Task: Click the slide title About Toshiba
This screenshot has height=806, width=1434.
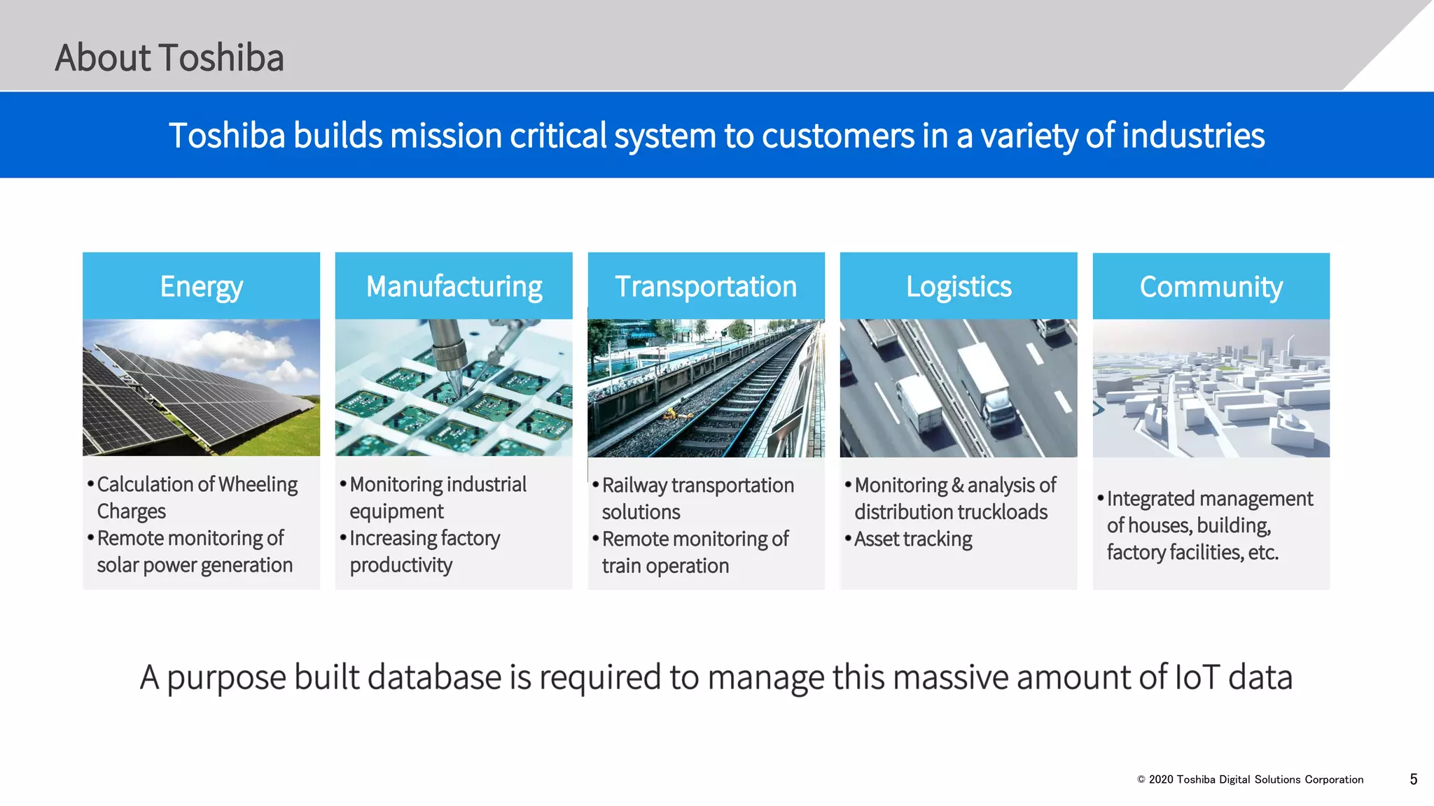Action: coord(169,57)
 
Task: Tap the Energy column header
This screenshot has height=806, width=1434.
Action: coord(201,286)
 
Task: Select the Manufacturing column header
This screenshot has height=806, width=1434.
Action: coord(454,286)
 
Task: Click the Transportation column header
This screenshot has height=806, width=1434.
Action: coord(706,286)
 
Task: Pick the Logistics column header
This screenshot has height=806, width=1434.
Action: coord(959,286)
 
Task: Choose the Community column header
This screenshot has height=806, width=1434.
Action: coord(1211,287)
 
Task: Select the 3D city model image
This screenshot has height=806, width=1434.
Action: coord(1211,388)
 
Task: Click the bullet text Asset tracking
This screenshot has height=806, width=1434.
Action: coord(913,539)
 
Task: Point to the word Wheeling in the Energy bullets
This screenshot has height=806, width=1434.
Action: coord(258,484)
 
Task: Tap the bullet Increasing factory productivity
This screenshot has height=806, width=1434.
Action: coord(424,551)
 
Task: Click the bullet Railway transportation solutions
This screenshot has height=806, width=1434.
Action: coord(697,498)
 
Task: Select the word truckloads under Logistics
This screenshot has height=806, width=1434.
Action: coord(1006,512)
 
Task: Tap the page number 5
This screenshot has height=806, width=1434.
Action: coord(1413,779)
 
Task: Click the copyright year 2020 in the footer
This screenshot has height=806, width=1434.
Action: coord(1161,779)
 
